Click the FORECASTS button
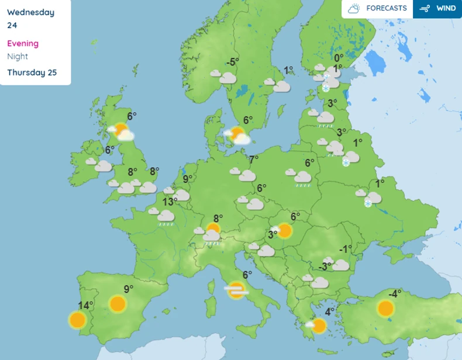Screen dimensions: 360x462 [377, 9]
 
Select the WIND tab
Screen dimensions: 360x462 [437, 9]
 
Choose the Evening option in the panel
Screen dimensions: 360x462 [23, 43]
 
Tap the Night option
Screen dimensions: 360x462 [18, 57]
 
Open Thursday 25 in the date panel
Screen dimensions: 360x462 [32, 72]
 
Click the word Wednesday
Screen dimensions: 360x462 [30, 12]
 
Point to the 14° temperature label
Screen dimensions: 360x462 [85, 305]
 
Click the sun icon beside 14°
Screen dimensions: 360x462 [77, 320]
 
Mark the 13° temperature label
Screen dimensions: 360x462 [170, 202]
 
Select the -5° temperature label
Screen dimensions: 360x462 [233, 62]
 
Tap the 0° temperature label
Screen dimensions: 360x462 [339, 57]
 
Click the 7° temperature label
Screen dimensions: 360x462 [254, 160]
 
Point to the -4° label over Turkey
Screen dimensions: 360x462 [395, 294]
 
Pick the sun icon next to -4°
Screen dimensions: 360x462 [385, 308]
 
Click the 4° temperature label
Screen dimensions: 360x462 [330, 311]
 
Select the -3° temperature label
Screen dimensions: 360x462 [325, 266]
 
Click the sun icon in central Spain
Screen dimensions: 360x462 [118, 304]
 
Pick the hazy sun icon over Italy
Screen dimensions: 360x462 [236, 289]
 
